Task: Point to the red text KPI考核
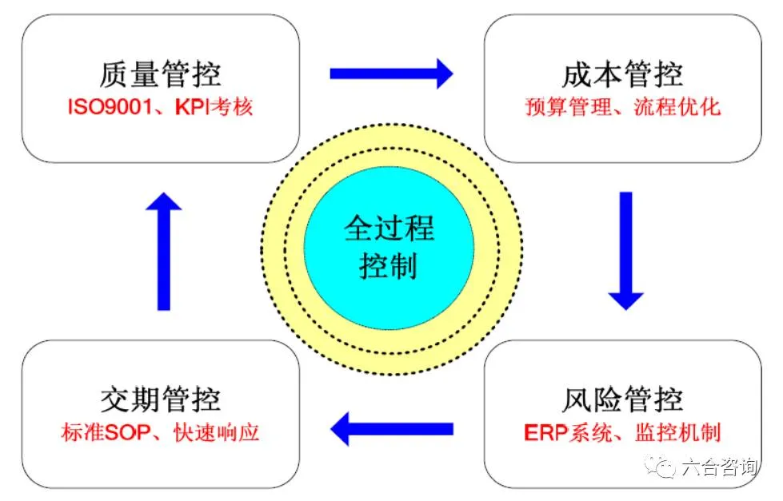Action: (210, 106)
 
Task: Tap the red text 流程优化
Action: (685, 106)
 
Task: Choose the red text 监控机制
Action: (685, 432)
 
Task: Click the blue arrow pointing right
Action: (391, 74)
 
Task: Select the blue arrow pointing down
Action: (625, 251)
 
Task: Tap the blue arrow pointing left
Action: (391, 429)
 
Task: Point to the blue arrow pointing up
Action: (163, 251)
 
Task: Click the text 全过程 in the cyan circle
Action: (390, 229)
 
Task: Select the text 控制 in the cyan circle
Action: (390, 266)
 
